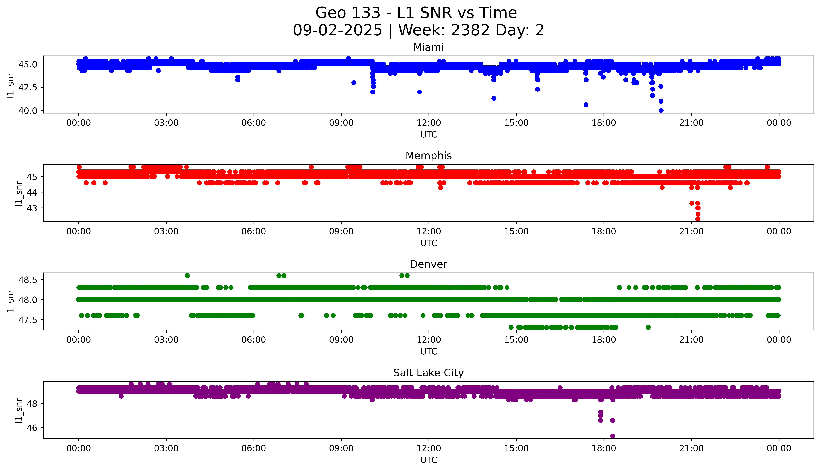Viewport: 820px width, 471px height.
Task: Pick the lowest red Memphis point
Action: click(x=698, y=219)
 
